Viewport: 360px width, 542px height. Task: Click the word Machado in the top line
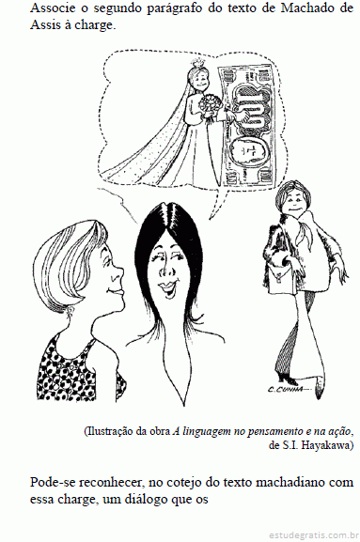point(304,8)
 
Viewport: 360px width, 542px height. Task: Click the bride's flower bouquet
point(210,105)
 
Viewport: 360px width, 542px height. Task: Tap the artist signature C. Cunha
point(285,389)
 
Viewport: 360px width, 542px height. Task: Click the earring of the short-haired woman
point(71,310)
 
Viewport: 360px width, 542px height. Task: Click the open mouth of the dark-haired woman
point(168,288)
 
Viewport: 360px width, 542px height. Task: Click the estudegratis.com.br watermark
point(313,535)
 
